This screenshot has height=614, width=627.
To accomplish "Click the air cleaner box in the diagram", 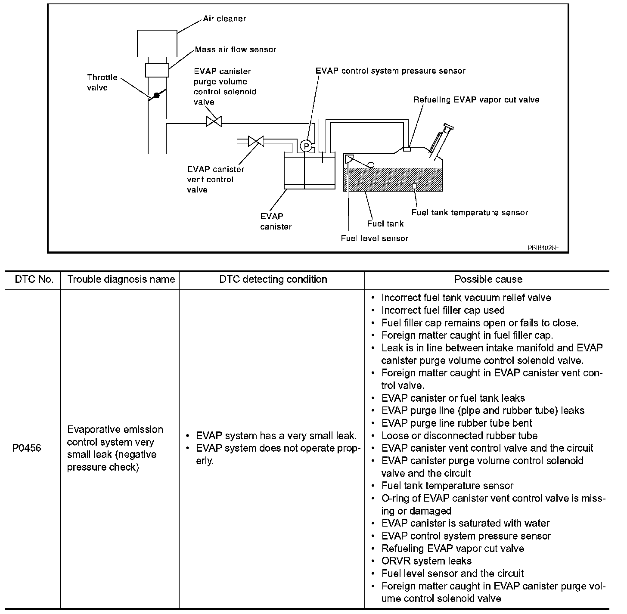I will coord(157,43).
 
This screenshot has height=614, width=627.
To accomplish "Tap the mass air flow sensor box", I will coord(157,70).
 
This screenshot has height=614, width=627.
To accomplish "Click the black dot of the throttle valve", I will coord(157,95).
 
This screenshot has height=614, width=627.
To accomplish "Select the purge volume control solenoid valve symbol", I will coord(214,121).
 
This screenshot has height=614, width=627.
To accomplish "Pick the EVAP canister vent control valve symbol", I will coord(256,141).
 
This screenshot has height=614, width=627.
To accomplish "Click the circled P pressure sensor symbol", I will coord(306,146).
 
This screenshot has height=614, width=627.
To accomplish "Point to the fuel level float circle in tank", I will coord(370,164).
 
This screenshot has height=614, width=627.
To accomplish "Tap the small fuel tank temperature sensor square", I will coord(414,186).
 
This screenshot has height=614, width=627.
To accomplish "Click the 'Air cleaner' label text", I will coord(224,19).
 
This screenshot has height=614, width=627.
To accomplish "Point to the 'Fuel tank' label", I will coord(385,223).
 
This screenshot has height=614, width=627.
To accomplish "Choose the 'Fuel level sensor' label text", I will coord(374,238).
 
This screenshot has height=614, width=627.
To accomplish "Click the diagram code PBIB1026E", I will coord(543,248).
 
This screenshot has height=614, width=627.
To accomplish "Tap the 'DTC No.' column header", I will coord(34,279).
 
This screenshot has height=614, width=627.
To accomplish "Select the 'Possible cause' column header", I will coord(488,279).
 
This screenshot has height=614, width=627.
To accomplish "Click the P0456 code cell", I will coord(27,448).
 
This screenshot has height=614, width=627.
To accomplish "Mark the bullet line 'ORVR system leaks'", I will coord(426,561).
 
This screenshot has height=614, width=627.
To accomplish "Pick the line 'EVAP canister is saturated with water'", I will coord(465,523).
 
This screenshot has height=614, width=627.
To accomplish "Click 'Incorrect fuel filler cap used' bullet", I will coord(443,310).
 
